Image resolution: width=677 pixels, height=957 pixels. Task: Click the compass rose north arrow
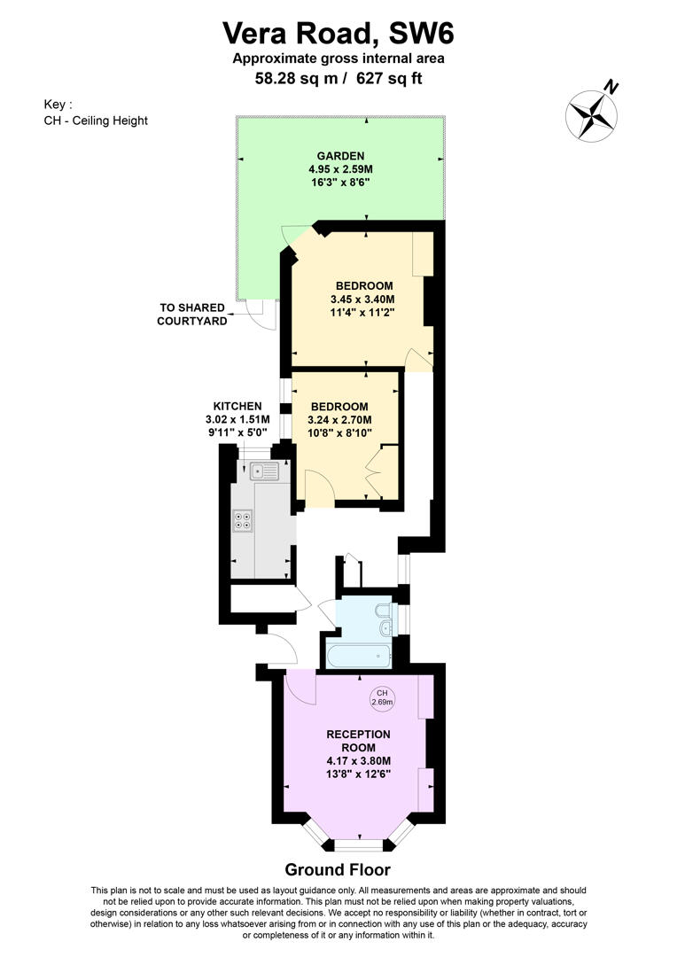(591, 113)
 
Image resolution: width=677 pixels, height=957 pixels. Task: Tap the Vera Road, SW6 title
(338, 34)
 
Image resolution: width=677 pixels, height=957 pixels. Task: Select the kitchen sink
(263, 471)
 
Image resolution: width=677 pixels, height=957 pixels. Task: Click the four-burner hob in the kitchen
(243, 521)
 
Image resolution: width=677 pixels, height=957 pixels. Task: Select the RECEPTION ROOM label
(358, 741)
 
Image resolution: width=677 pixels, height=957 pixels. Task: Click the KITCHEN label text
(237, 406)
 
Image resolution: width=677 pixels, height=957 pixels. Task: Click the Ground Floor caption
(337, 869)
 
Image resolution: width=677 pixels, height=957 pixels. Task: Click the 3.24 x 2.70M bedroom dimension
(339, 420)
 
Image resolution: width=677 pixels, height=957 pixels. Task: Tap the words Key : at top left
(58, 104)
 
